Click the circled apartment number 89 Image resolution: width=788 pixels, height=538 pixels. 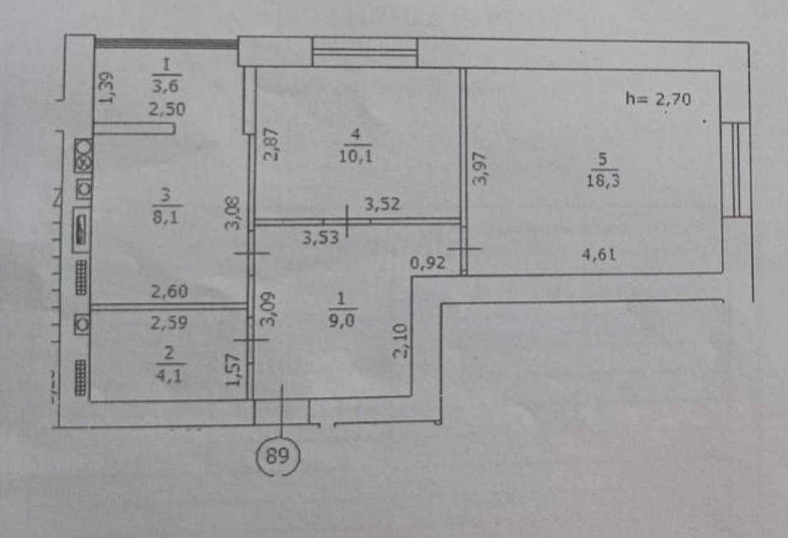[x=278, y=456]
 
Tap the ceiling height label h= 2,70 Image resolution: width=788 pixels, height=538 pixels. [x=658, y=99]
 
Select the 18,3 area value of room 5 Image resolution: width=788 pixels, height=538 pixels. [x=603, y=180]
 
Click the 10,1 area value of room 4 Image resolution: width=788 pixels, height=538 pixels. [x=356, y=156]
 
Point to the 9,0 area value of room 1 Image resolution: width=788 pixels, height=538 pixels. [x=342, y=320]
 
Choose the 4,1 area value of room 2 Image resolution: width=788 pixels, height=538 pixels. [x=169, y=375]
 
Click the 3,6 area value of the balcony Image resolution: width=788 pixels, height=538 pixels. [x=167, y=85]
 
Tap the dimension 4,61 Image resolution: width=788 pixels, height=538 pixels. [x=599, y=255]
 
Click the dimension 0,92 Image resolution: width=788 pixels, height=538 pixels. [x=428, y=262]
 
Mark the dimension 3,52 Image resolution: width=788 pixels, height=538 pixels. [x=383, y=203]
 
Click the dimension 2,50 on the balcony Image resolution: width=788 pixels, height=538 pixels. [x=167, y=108]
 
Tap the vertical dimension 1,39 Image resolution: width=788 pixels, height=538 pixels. [x=106, y=88]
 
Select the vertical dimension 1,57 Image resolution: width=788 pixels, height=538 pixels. [x=234, y=369]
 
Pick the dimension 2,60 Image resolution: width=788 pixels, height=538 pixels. [x=169, y=291]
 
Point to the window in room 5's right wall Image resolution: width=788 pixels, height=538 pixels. [x=737, y=169]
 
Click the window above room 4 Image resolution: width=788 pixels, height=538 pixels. [x=365, y=52]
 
